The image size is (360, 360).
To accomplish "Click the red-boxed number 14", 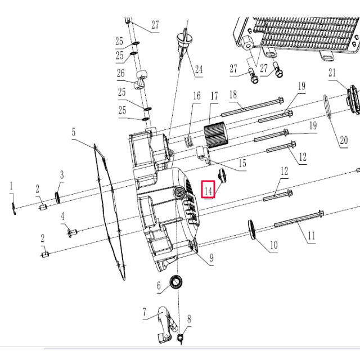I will coord(208,191).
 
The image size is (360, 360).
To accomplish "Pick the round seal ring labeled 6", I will coord(177,281).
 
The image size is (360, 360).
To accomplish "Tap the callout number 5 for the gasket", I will coord(73,133).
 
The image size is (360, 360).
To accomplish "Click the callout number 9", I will coord(211,258).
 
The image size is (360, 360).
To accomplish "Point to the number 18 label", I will coord(233,94).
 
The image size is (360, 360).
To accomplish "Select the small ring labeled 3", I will coord(57,196).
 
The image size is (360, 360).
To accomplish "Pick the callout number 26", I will coord(120,73).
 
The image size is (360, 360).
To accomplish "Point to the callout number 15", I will coord(242,164).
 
